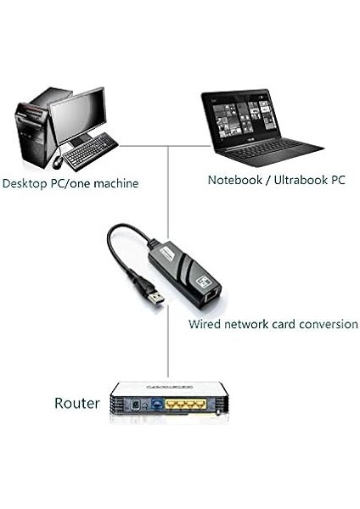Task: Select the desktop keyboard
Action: point(90,154)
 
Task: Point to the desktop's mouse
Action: point(58,161)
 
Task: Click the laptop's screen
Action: point(243,117)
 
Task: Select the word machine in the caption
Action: point(115,183)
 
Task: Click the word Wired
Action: point(205,325)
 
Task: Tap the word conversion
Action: point(327,325)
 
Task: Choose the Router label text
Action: point(77,403)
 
